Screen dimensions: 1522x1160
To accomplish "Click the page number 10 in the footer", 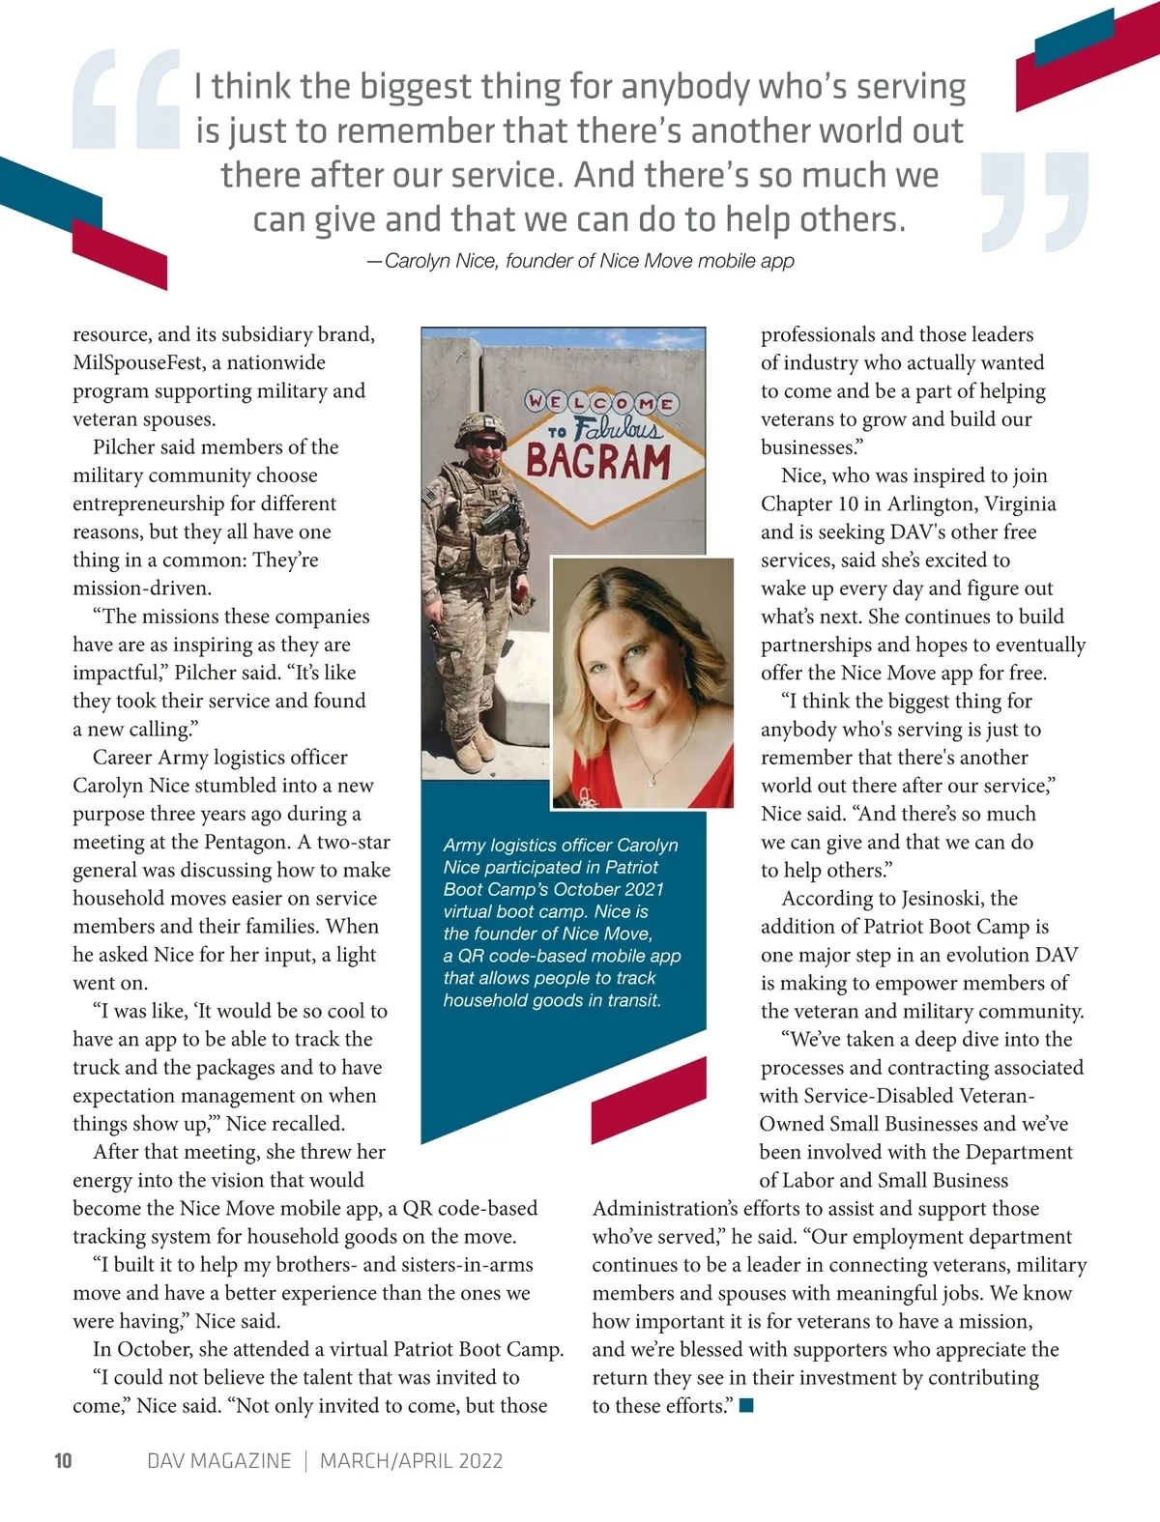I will click(x=63, y=1460).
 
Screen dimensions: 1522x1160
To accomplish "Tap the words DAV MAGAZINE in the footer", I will click(x=218, y=1460).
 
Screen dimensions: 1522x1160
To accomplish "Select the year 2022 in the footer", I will click(x=474, y=1460).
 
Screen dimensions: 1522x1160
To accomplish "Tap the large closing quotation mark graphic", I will click(x=1034, y=201).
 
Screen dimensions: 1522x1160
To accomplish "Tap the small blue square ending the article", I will click(x=745, y=1406).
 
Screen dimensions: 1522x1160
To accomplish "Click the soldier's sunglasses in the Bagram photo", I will click(x=485, y=443).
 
